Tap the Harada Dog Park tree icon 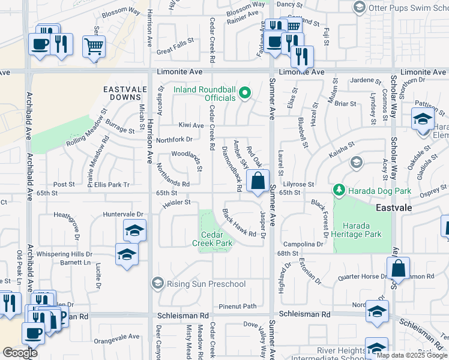point(339,190)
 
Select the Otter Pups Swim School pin point(359,7)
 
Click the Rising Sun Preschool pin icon point(157,283)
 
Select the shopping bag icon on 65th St point(258,181)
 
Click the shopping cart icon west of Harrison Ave point(94,46)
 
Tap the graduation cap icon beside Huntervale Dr point(134,230)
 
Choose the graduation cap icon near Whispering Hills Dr point(127,254)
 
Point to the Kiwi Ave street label point(191,125)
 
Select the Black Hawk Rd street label point(240,223)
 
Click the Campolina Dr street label point(304,244)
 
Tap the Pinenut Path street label point(237,306)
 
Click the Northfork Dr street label point(174,139)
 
